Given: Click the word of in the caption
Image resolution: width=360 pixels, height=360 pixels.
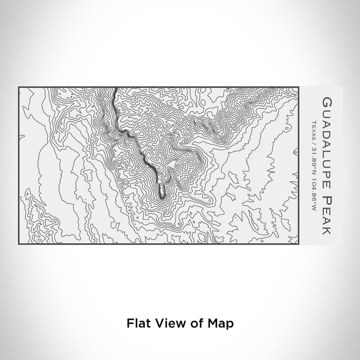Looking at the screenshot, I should point(190,323).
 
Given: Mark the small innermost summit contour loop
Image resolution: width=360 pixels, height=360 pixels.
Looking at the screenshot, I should point(162,191).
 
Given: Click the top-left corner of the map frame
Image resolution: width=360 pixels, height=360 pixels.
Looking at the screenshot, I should point(19,88).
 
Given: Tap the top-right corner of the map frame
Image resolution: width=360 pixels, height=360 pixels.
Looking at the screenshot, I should point(299,88).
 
